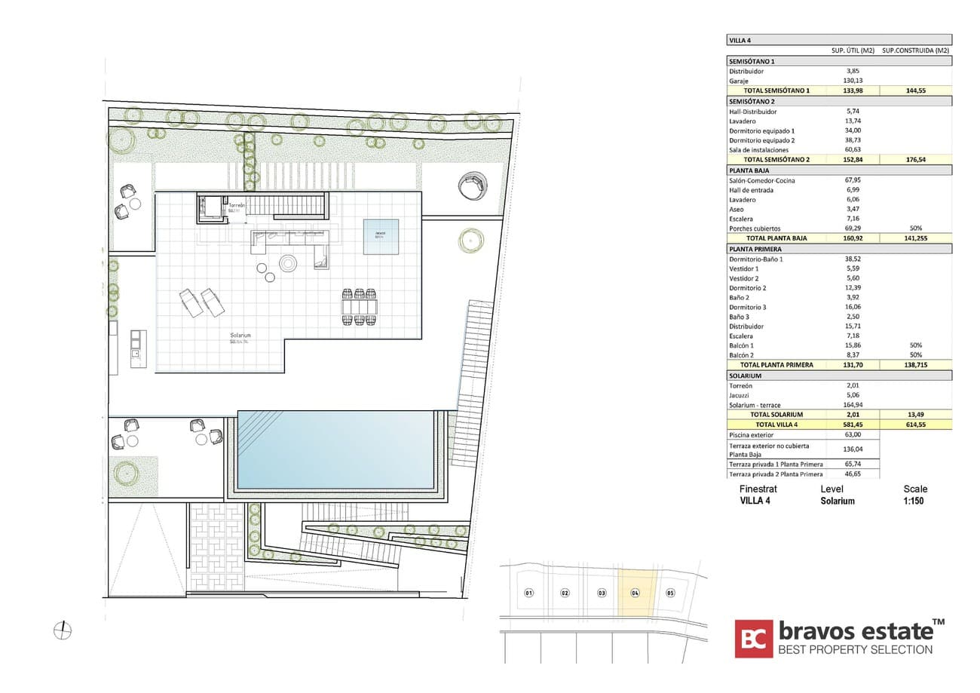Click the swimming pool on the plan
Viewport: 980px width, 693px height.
coord(336,450)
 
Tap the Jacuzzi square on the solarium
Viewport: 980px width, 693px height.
coord(381,236)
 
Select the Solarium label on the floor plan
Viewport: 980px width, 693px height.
coord(240,335)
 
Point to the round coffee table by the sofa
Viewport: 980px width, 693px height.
coord(289,263)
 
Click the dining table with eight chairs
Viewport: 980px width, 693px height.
coord(359,307)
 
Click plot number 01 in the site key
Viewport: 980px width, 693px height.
coord(529,593)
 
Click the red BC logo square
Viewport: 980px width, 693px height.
coord(754,639)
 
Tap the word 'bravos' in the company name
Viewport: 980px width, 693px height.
coord(810,630)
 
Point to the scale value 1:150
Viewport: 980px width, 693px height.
coord(914,501)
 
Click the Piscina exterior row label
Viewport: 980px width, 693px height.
coord(752,435)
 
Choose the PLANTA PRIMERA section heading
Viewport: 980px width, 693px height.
coord(755,248)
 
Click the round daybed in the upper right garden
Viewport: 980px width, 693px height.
coord(473,186)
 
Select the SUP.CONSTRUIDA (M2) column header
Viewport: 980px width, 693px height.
coord(916,51)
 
